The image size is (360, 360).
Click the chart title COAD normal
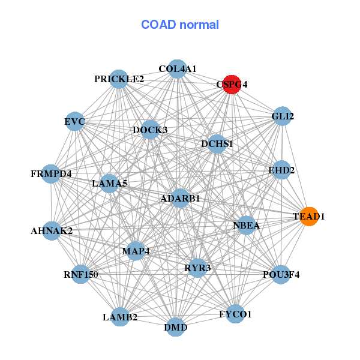[x=180, y=25]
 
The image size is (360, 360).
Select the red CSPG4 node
[x=232, y=85]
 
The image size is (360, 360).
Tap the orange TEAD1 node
[x=308, y=216]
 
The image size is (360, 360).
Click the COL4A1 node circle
[x=177, y=69]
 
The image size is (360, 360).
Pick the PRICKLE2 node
[x=119, y=79]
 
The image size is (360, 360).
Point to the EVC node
[x=75, y=122]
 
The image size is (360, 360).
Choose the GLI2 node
[x=282, y=116]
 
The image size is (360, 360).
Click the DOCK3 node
[x=150, y=130]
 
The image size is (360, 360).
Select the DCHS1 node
[x=217, y=144]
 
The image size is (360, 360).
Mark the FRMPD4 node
[x=52, y=174]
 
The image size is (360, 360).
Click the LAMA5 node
[x=109, y=183]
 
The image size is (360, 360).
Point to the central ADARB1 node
[x=180, y=198]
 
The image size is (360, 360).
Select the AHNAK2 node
[x=52, y=230]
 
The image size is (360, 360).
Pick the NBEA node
[x=246, y=226]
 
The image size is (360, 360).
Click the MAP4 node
[x=136, y=250]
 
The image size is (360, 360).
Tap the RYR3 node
[x=197, y=268]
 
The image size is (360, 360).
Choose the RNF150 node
[x=81, y=275]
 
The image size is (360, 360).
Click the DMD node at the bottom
[x=175, y=327]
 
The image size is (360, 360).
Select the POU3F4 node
[x=281, y=275]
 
